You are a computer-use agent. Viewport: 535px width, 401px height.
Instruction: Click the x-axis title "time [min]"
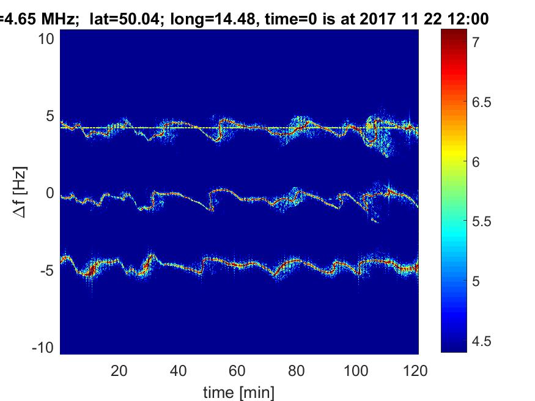pyautogui.click(x=239, y=391)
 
